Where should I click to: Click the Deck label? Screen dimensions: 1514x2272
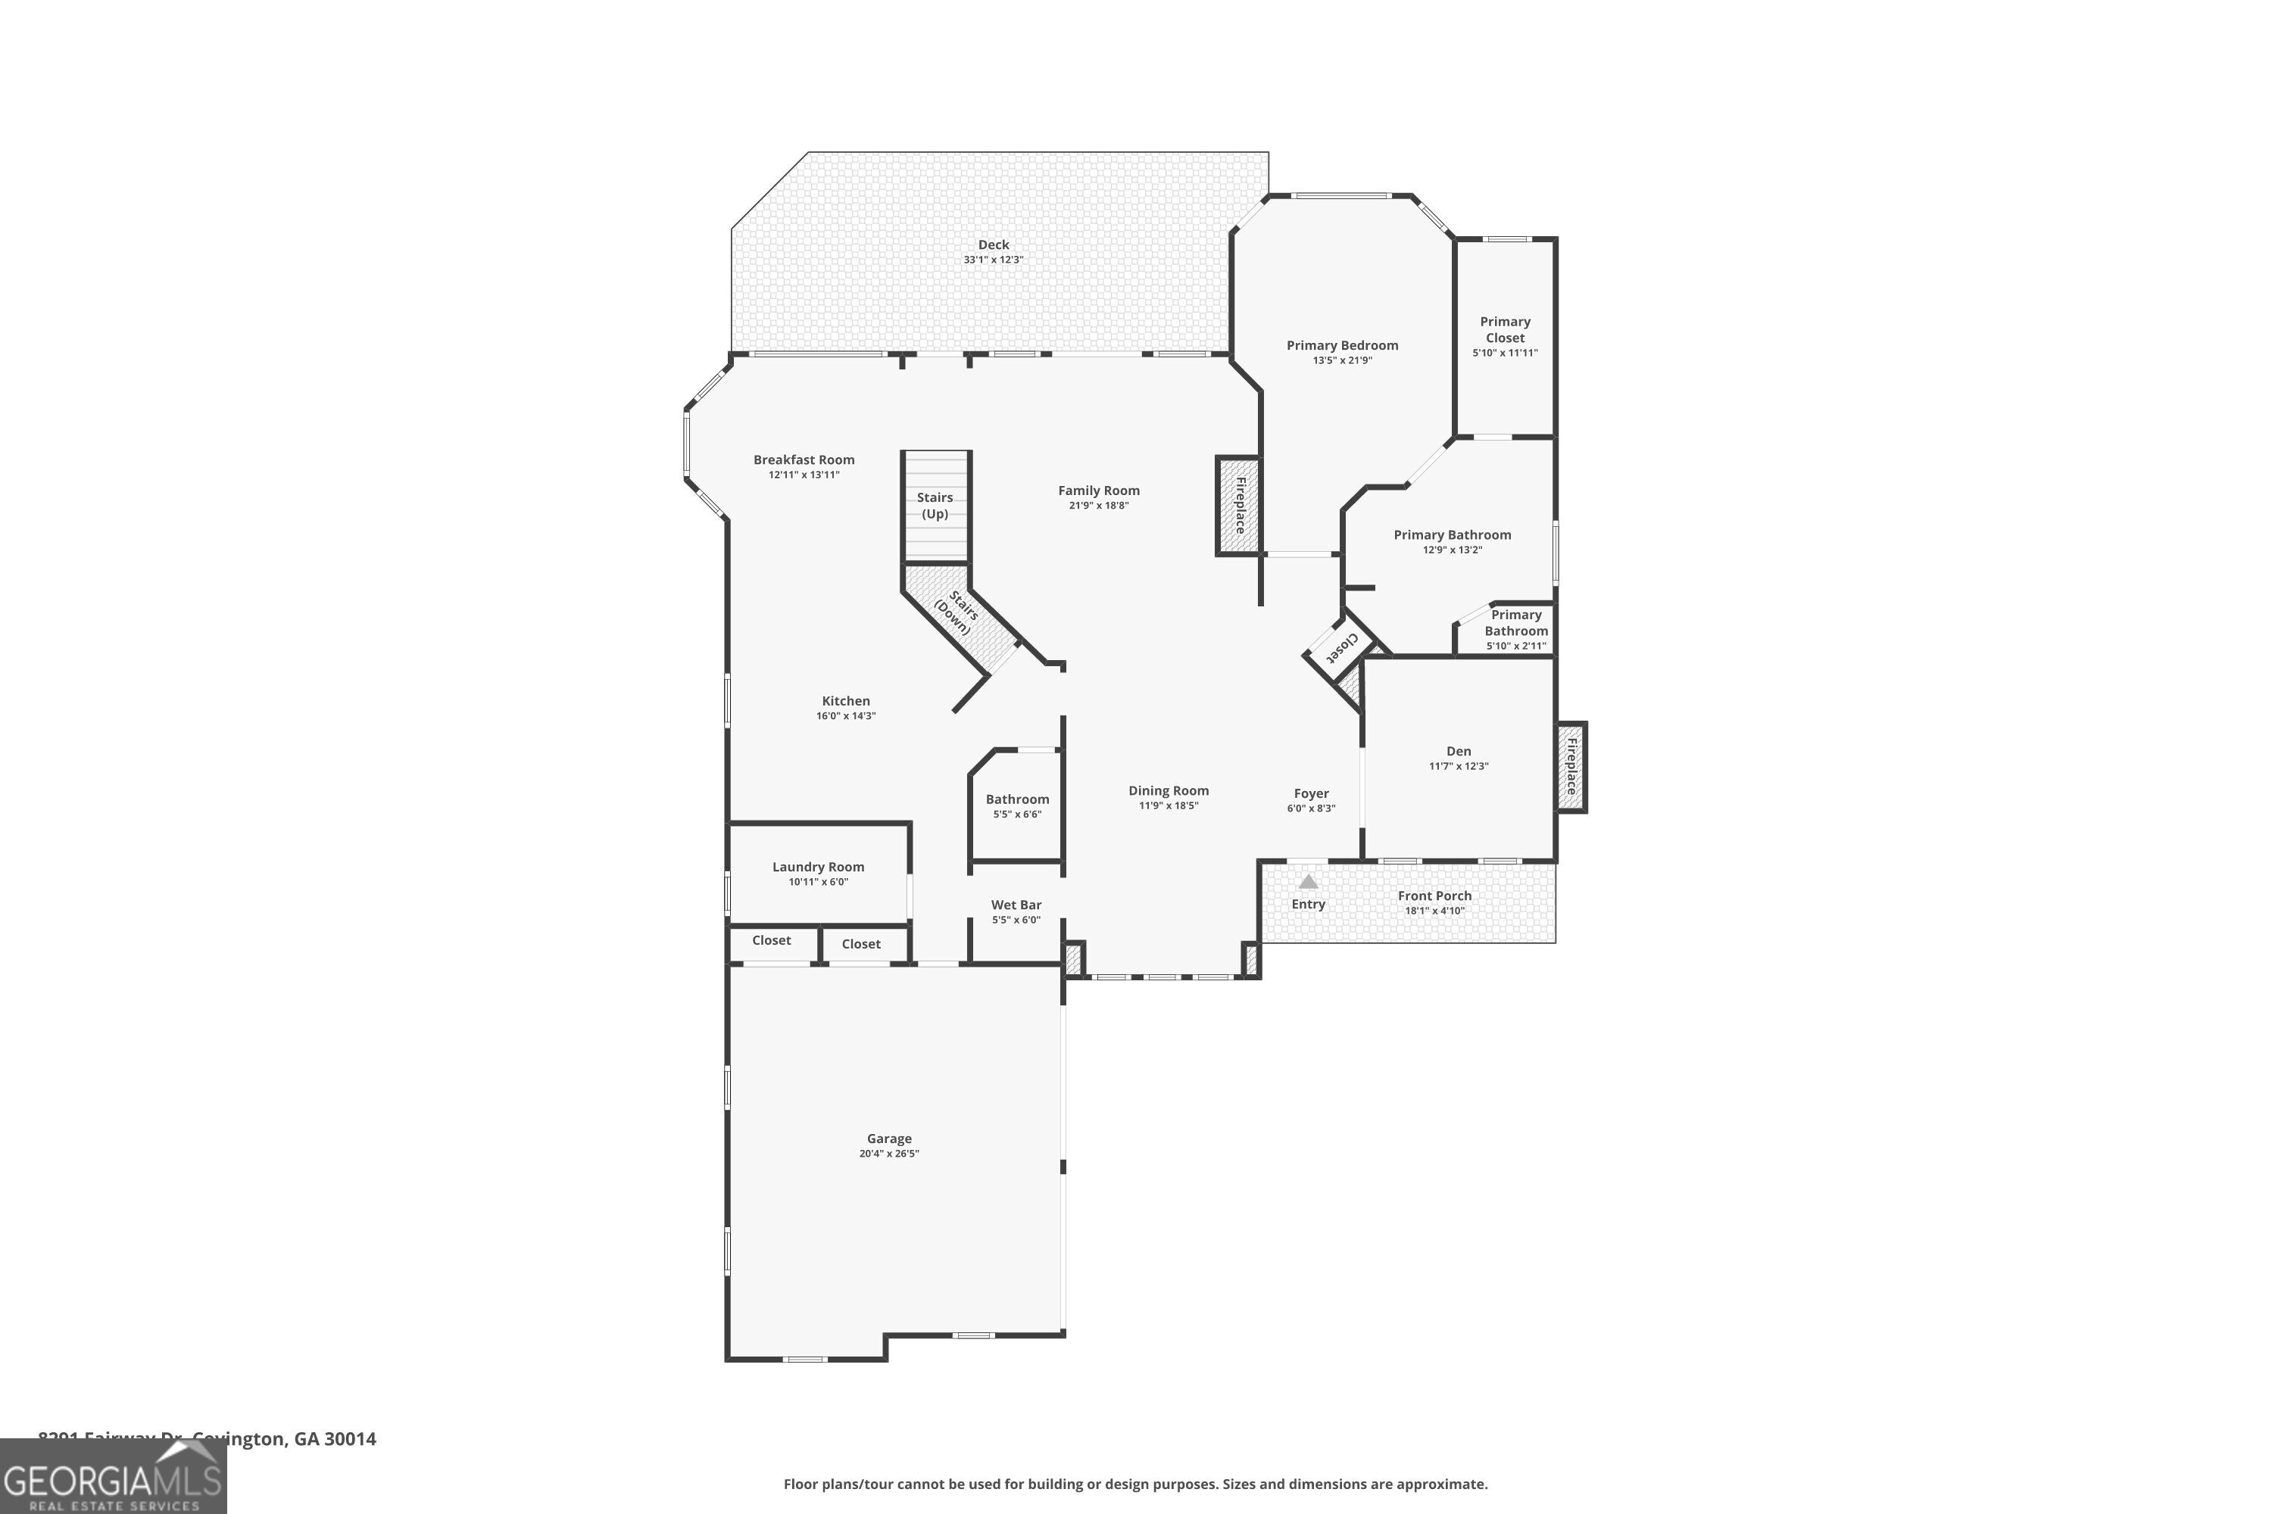click(x=993, y=245)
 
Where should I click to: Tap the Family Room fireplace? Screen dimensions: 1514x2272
click(x=1238, y=506)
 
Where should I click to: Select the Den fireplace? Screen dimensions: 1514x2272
click(x=1571, y=767)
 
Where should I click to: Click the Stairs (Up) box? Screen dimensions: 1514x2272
click(x=935, y=506)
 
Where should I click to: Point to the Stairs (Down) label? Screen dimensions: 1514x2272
click(x=957, y=613)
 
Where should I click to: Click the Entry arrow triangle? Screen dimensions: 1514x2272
click(x=1308, y=882)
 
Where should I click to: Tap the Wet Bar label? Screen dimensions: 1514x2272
click(x=1016, y=905)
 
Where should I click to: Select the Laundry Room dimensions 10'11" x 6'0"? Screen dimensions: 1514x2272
click(x=818, y=882)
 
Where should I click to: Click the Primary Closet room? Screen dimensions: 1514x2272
click(x=1505, y=336)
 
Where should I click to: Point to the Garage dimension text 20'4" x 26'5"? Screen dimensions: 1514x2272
click(x=888, y=1153)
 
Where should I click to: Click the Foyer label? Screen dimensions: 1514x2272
click(x=1311, y=793)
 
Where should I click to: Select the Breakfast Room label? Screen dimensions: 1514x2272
click(x=804, y=459)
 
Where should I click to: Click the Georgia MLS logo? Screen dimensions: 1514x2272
click(x=113, y=1476)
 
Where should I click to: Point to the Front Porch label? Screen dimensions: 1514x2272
click(x=1434, y=896)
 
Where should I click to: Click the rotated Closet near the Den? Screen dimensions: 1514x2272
click(x=1340, y=647)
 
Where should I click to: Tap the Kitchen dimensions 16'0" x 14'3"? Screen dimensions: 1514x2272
click(x=845, y=715)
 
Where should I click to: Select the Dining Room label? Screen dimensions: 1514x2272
click(x=1168, y=791)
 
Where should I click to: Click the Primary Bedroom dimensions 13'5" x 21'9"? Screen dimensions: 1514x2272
click(x=1342, y=360)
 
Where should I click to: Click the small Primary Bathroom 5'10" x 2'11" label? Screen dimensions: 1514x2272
click(x=1515, y=630)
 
